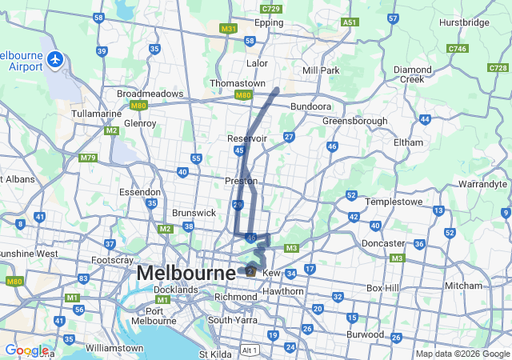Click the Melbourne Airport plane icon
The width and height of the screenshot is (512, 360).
(54, 59)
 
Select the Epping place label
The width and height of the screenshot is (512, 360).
(269, 22)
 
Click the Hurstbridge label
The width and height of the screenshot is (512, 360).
(464, 22)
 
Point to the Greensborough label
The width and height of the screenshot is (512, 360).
(354, 121)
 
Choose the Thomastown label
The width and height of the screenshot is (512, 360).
(237, 83)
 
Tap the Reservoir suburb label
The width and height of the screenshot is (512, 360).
(247, 138)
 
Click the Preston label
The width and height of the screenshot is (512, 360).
(241, 181)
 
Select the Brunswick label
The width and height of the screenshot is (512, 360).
(194, 214)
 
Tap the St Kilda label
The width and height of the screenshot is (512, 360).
(214, 354)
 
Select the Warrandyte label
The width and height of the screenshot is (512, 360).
(484, 184)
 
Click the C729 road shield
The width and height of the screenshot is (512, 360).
(271, 8)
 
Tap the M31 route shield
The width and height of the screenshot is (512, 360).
(229, 28)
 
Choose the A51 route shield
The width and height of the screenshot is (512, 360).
(350, 22)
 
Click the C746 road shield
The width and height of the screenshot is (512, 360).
(458, 49)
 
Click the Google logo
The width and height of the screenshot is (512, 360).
(26, 350)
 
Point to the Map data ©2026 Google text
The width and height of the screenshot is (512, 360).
(462, 354)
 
